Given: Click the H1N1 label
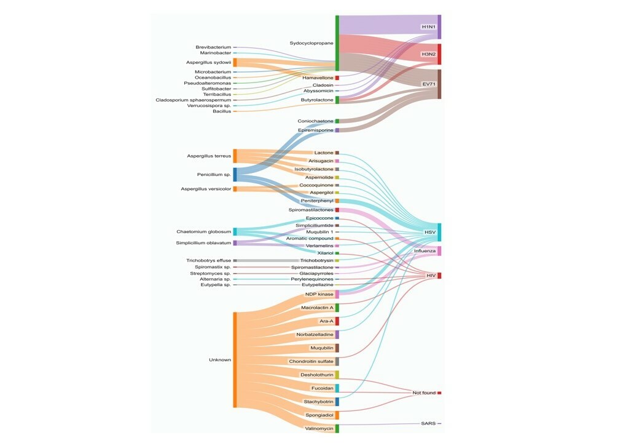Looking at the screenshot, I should (x=428, y=27).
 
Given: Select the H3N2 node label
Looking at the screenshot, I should (x=428, y=54).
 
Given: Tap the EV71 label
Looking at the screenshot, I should (x=428, y=84).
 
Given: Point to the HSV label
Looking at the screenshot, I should (x=430, y=232).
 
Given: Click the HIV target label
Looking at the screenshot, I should (x=431, y=276).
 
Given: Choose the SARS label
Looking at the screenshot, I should (x=428, y=423).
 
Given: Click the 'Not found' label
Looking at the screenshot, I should (x=424, y=393).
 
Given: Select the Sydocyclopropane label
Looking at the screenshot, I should (x=311, y=43).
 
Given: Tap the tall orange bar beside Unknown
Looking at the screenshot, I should (x=234, y=360).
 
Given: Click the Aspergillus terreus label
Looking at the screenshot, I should (x=209, y=156).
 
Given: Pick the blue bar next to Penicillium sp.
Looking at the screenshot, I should (x=235, y=174).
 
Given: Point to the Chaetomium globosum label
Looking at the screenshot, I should (x=204, y=232).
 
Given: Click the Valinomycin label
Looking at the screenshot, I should (x=319, y=428).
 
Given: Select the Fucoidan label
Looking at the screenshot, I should (x=322, y=388).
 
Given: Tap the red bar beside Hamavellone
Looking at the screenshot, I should (x=337, y=78).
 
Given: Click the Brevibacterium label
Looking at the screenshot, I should (x=213, y=47).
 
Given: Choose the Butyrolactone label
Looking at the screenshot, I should (x=317, y=100).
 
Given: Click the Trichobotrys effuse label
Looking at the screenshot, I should (x=209, y=261).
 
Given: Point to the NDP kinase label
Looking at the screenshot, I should (x=319, y=294).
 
